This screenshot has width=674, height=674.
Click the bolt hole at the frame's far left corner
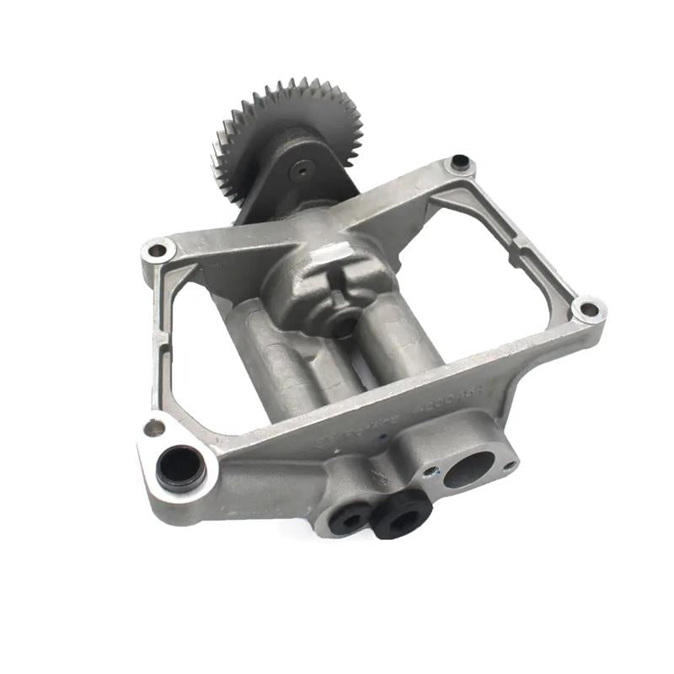[158, 250]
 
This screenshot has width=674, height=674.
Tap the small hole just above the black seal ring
[154, 428]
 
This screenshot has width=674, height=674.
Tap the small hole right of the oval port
[508, 462]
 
